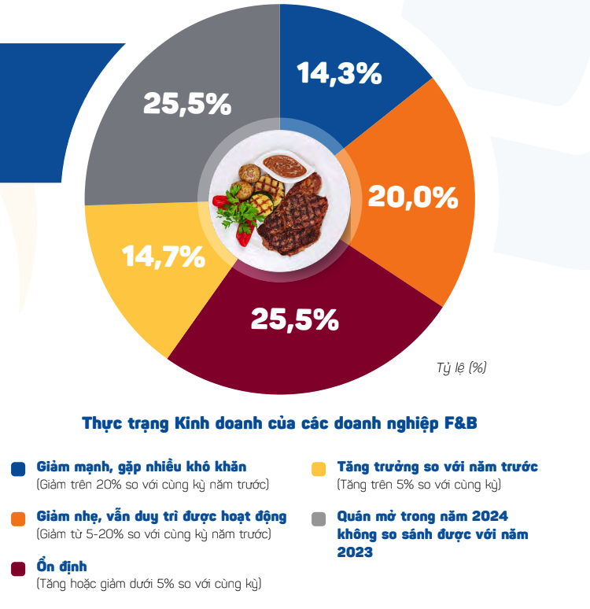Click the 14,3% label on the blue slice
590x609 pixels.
(x=339, y=73)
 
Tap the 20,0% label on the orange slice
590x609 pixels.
(x=412, y=197)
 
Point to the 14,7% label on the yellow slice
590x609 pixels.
(x=163, y=256)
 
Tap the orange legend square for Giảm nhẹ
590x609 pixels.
(x=18, y=519)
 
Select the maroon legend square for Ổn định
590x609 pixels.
(x=18, y=568)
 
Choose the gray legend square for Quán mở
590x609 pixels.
(x=319, y=519)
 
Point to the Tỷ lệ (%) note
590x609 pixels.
(x=462, y=367)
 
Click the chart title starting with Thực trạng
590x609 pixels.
(x=279, y=423)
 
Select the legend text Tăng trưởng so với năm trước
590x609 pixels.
(x=437, y=467)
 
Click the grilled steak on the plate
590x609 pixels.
(x=293, y=221)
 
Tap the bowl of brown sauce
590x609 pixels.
(x=284, y=166)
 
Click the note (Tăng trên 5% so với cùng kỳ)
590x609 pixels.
(x=419, y=485)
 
